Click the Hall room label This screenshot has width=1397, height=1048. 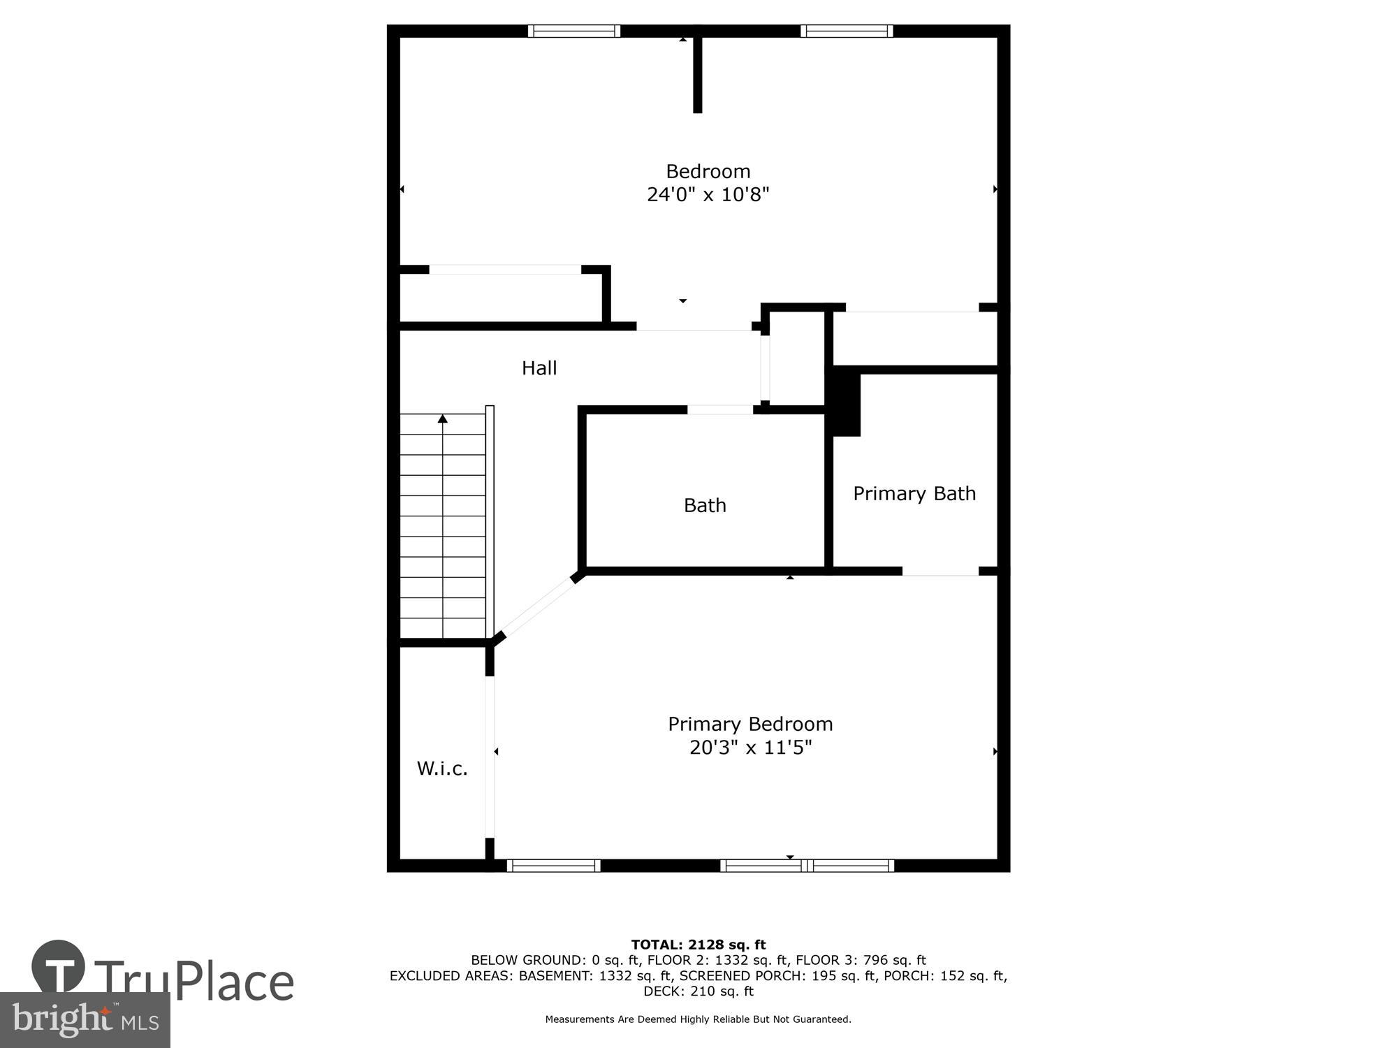tap(539, 368)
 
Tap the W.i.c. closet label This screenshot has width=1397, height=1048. tap(442, 769)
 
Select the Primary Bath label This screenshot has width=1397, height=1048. tap(914, 494)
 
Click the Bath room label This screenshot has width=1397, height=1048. tap(705, 505)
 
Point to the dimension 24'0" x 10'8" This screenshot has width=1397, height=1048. tap(708, 194)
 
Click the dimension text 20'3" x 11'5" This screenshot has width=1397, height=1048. tap(750, 748)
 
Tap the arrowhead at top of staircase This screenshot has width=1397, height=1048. tap(442, 419)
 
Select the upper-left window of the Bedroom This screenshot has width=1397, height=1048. tap(574, 31)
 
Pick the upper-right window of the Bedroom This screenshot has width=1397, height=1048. tap(847, 31)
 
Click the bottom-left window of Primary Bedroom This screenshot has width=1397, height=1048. tap(553, 866)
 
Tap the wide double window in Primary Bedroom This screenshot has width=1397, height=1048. tap(807, 866)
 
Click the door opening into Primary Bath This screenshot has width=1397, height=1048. tap(940, 572)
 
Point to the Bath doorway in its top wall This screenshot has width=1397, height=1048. tap(720, 410)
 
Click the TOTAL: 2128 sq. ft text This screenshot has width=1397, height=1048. tap(698, 945)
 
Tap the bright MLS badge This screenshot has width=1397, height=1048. tap(85, 1021)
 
